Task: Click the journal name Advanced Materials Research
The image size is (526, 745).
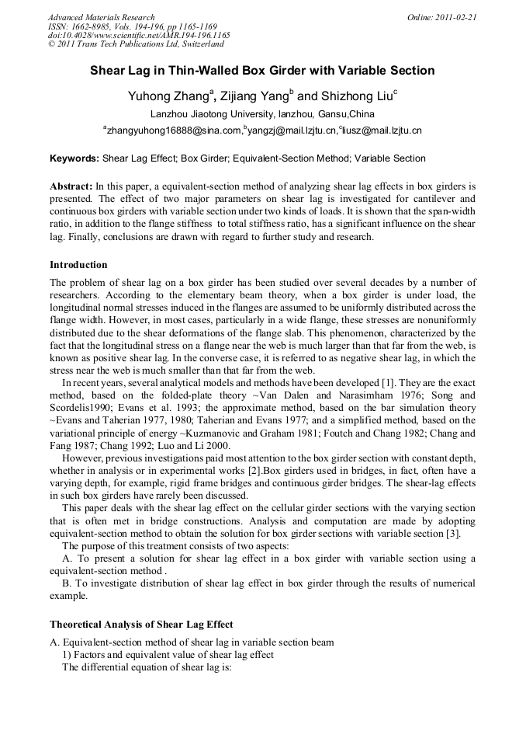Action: pyautogui.click(x=101, y=17)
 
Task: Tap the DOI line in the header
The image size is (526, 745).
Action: pyautogui.click(x=139, y=35)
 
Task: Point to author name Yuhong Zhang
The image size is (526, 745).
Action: pyautogui.click(x=168, y=96)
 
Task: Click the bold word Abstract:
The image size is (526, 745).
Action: pyautogui.click(x=71, y=187)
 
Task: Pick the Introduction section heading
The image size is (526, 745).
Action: pyautogui.click(x=78, y=265)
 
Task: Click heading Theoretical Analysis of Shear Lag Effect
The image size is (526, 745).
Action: pyautogui.click(x=141, y=624)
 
